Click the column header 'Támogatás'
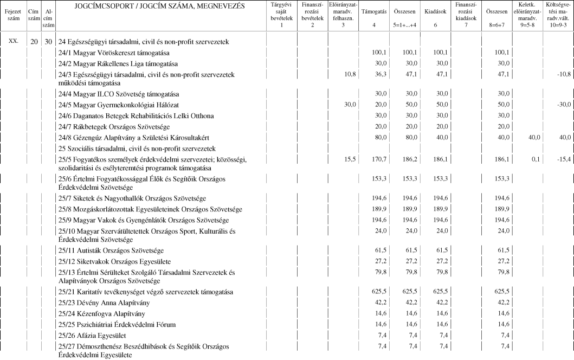coord(373,11)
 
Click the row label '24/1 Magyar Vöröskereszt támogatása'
coord(114,53)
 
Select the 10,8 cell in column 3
coord(349,74)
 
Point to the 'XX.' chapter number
coord(13,41)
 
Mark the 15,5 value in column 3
coord(349,159)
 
